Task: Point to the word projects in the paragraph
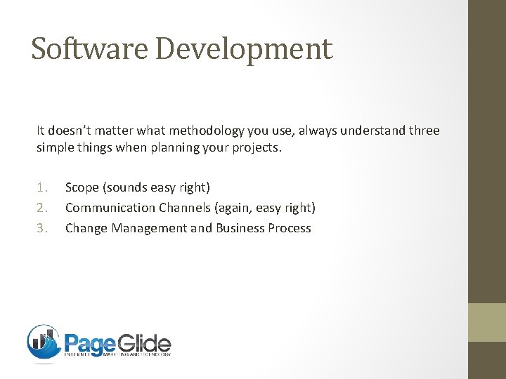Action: click(x=257, y=149)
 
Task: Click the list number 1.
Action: click(x=43, y=187)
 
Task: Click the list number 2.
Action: click(x=43, y=208)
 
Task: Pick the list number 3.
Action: click(x=43, y=228)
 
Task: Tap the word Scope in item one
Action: click(x=82, y=187)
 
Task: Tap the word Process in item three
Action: click(x=291, y=228)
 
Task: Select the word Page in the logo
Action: click(x=91, y=344)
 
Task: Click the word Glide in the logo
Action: click(x=144, y=344)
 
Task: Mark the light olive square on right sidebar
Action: click(x=487, y=322)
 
